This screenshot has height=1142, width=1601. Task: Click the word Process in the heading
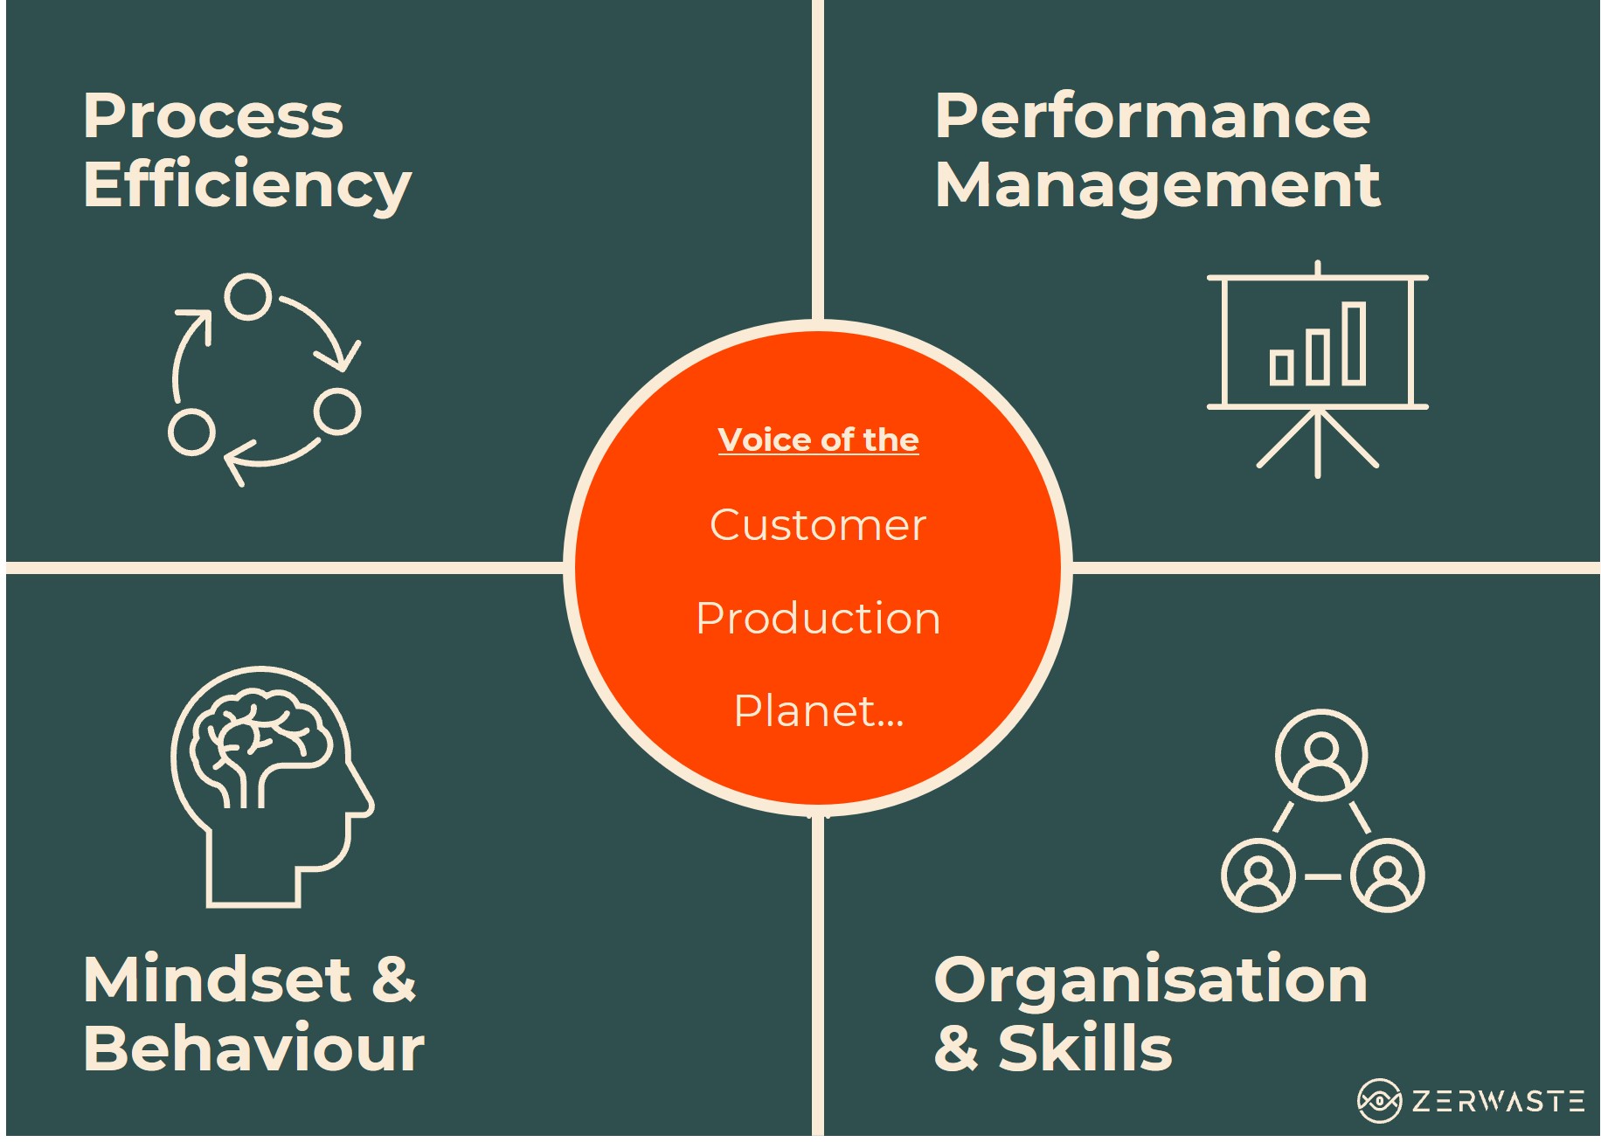pos(213,116)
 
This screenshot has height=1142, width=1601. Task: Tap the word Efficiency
pos(247,187)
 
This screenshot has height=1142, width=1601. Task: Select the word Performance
pos(1153,116)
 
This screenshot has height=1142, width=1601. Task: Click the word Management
pos(1158,187)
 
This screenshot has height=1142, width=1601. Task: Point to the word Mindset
pos(218,979)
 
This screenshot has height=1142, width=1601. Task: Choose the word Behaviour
pos(254,1048)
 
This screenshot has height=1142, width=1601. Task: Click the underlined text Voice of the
pos(818,440)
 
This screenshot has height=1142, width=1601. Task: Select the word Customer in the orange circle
pos(818,525)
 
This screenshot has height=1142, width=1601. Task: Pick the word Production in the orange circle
pos(818,619)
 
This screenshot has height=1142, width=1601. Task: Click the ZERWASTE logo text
pos(1498,1101)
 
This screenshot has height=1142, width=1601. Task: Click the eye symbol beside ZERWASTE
pos(1380,1101)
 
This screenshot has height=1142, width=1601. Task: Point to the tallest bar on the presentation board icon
pos(1355,343)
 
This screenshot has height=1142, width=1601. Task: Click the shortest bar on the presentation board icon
pos(1282,367)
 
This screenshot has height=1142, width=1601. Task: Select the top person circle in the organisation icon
pos(1321,755)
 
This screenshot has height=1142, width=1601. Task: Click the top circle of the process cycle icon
pos(248,296)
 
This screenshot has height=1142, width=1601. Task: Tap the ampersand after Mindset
pos(393,979)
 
